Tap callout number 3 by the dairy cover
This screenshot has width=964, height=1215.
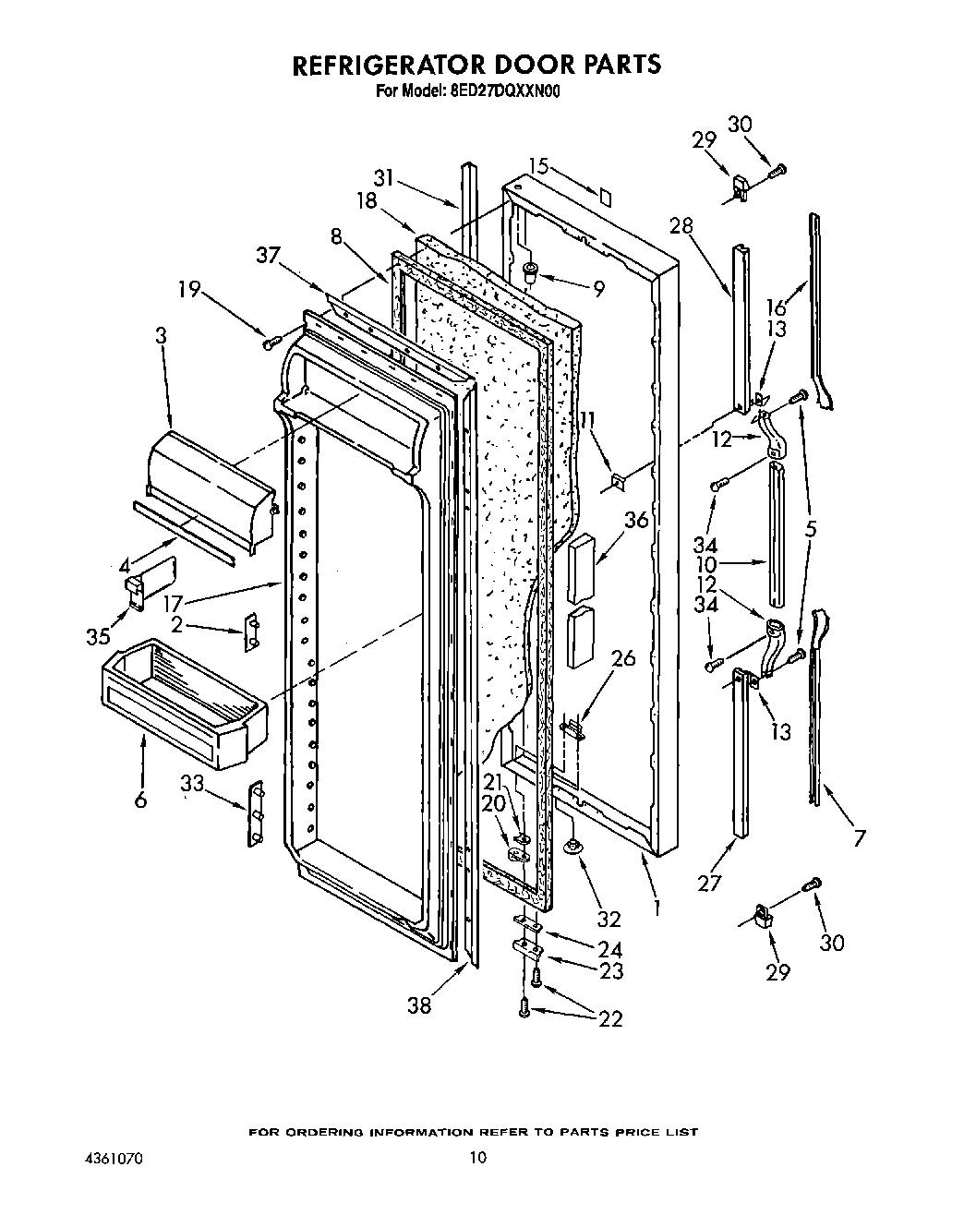[162, 337]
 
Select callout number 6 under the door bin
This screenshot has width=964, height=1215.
[140, 800]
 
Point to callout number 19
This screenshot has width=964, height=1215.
[189, 291]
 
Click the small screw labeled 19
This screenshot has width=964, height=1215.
[271, 343]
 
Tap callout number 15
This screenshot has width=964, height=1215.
[538, 166]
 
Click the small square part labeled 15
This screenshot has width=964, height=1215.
[606, 196]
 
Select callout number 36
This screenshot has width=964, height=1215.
[635, 521]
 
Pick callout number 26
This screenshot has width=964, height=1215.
[624, 658]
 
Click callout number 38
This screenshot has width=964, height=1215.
[420, 1004]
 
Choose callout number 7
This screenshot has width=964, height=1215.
[859, 838]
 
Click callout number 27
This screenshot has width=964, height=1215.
[708, 883]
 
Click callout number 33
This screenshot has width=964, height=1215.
[191, 785]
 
